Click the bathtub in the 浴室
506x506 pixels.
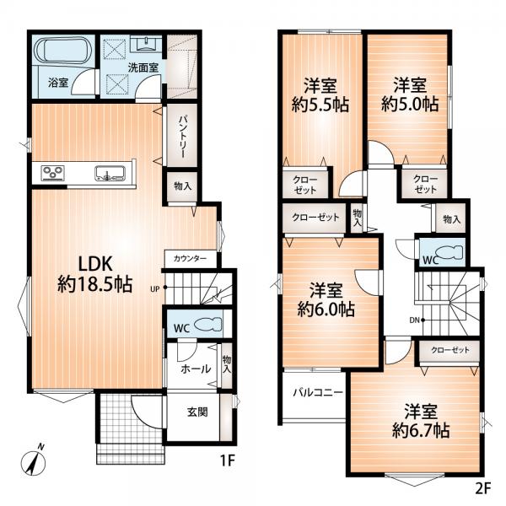click(63, 51)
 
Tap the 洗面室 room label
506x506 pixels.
click(143, 67)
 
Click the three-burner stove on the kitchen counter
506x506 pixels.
click(52, 172)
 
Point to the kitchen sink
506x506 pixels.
click(110, 173)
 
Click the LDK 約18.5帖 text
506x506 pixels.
click(94, 274)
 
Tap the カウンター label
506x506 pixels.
click(190, 259)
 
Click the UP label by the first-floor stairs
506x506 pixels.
click(155, 288)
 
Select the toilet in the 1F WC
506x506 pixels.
click(208, 324)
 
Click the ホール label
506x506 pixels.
click(196, 369)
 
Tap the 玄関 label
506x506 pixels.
click(197, 412)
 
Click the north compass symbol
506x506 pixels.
click(33, 461)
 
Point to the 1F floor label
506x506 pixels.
click(227, 460)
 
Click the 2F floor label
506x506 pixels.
click(483, 488)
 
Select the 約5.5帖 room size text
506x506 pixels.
click(320, 105)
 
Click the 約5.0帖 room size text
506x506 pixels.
click(410, 105)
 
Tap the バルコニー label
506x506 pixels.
click(318, 393)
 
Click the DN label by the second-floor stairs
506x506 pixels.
click(414, 320)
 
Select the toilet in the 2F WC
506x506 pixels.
click(449, 252)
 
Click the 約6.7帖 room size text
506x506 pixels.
click(421, 430)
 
